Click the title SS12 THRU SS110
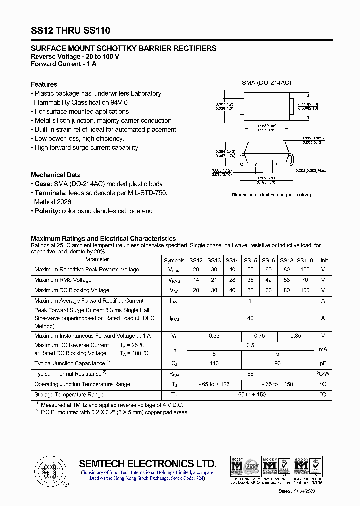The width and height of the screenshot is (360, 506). [x=70, y=31]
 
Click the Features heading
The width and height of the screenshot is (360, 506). [x=44, y=84]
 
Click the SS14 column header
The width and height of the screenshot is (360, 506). [x=232, y=260]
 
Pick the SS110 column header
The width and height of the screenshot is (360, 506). [x=305, y=260]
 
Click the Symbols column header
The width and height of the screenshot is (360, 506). [x=174, y=260]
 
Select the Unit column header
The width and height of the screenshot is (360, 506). [x=323, y=260]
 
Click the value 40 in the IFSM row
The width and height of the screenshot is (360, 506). [x=250, y=318]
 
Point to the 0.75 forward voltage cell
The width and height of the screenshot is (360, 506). [x=259, y=336]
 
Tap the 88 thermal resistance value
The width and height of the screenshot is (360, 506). [x=250, y=374]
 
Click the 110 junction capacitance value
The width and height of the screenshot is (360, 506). [x=214, y=363]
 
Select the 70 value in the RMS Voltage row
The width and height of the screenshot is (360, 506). [x=305, y=280]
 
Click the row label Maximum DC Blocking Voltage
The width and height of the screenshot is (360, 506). [x=72, y=290]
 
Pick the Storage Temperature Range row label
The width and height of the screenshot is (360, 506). [x=69, y=395]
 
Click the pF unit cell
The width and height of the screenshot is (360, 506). [x=323, y=363]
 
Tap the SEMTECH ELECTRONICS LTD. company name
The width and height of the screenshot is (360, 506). [x=148, y=463]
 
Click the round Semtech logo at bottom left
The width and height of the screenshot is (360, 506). [x=48, y=470]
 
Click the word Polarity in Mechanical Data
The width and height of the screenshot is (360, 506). [x=47, y=211]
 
